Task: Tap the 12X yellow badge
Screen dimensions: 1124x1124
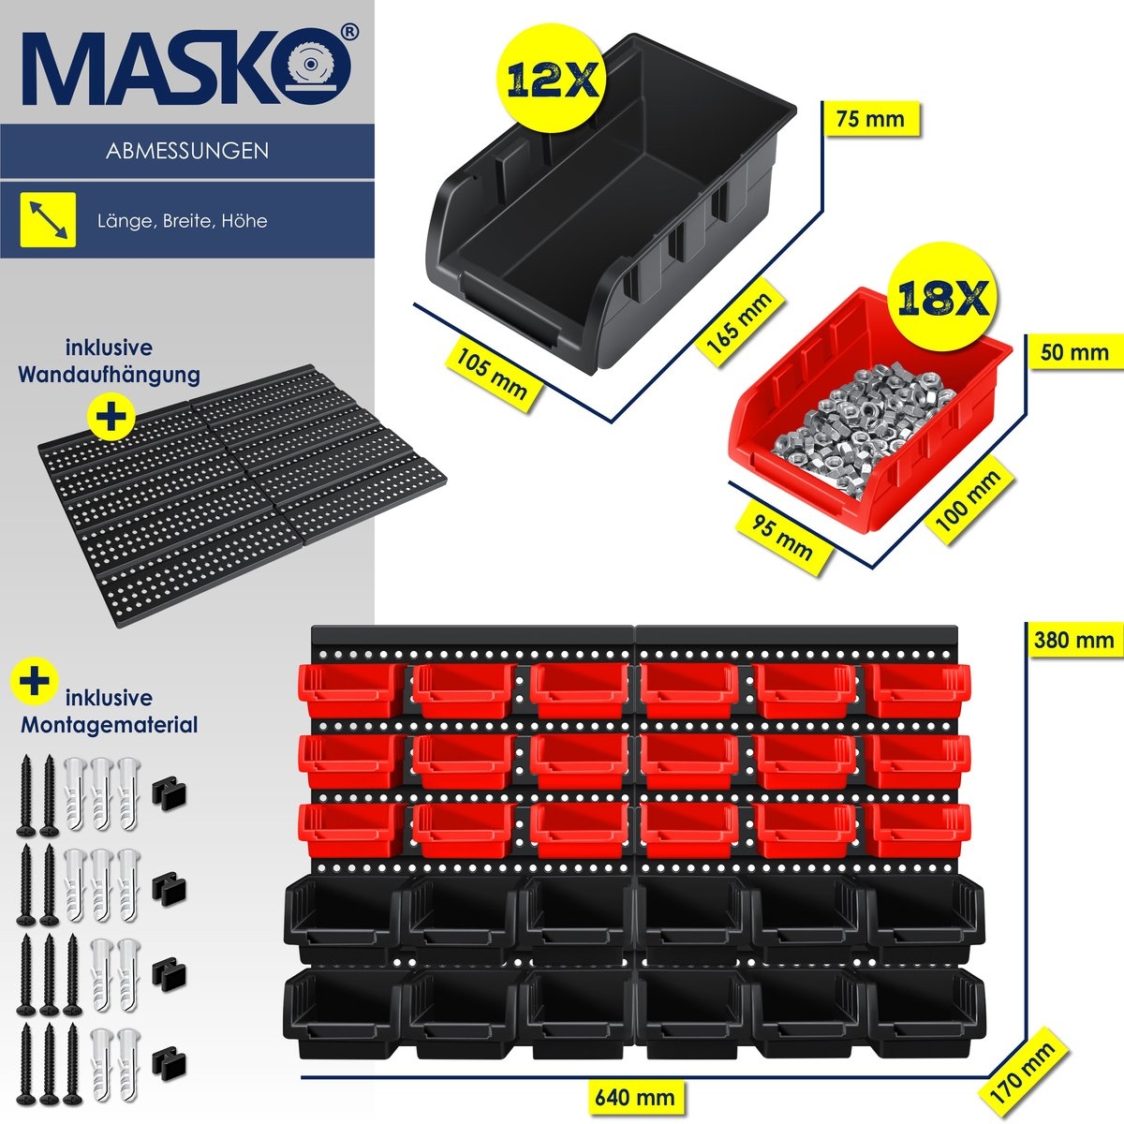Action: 554,81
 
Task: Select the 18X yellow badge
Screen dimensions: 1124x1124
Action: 944,299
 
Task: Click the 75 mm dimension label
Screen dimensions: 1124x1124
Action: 870,119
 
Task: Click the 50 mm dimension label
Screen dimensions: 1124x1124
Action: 1074,353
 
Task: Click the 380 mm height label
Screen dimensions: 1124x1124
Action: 1073,640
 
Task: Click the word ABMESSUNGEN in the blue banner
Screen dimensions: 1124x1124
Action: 187,151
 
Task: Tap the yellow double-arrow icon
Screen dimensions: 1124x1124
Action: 48,220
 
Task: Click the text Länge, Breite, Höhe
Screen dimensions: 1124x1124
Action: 182,221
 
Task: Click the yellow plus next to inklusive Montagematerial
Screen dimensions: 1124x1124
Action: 35,680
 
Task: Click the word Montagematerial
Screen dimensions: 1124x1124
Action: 109,724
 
